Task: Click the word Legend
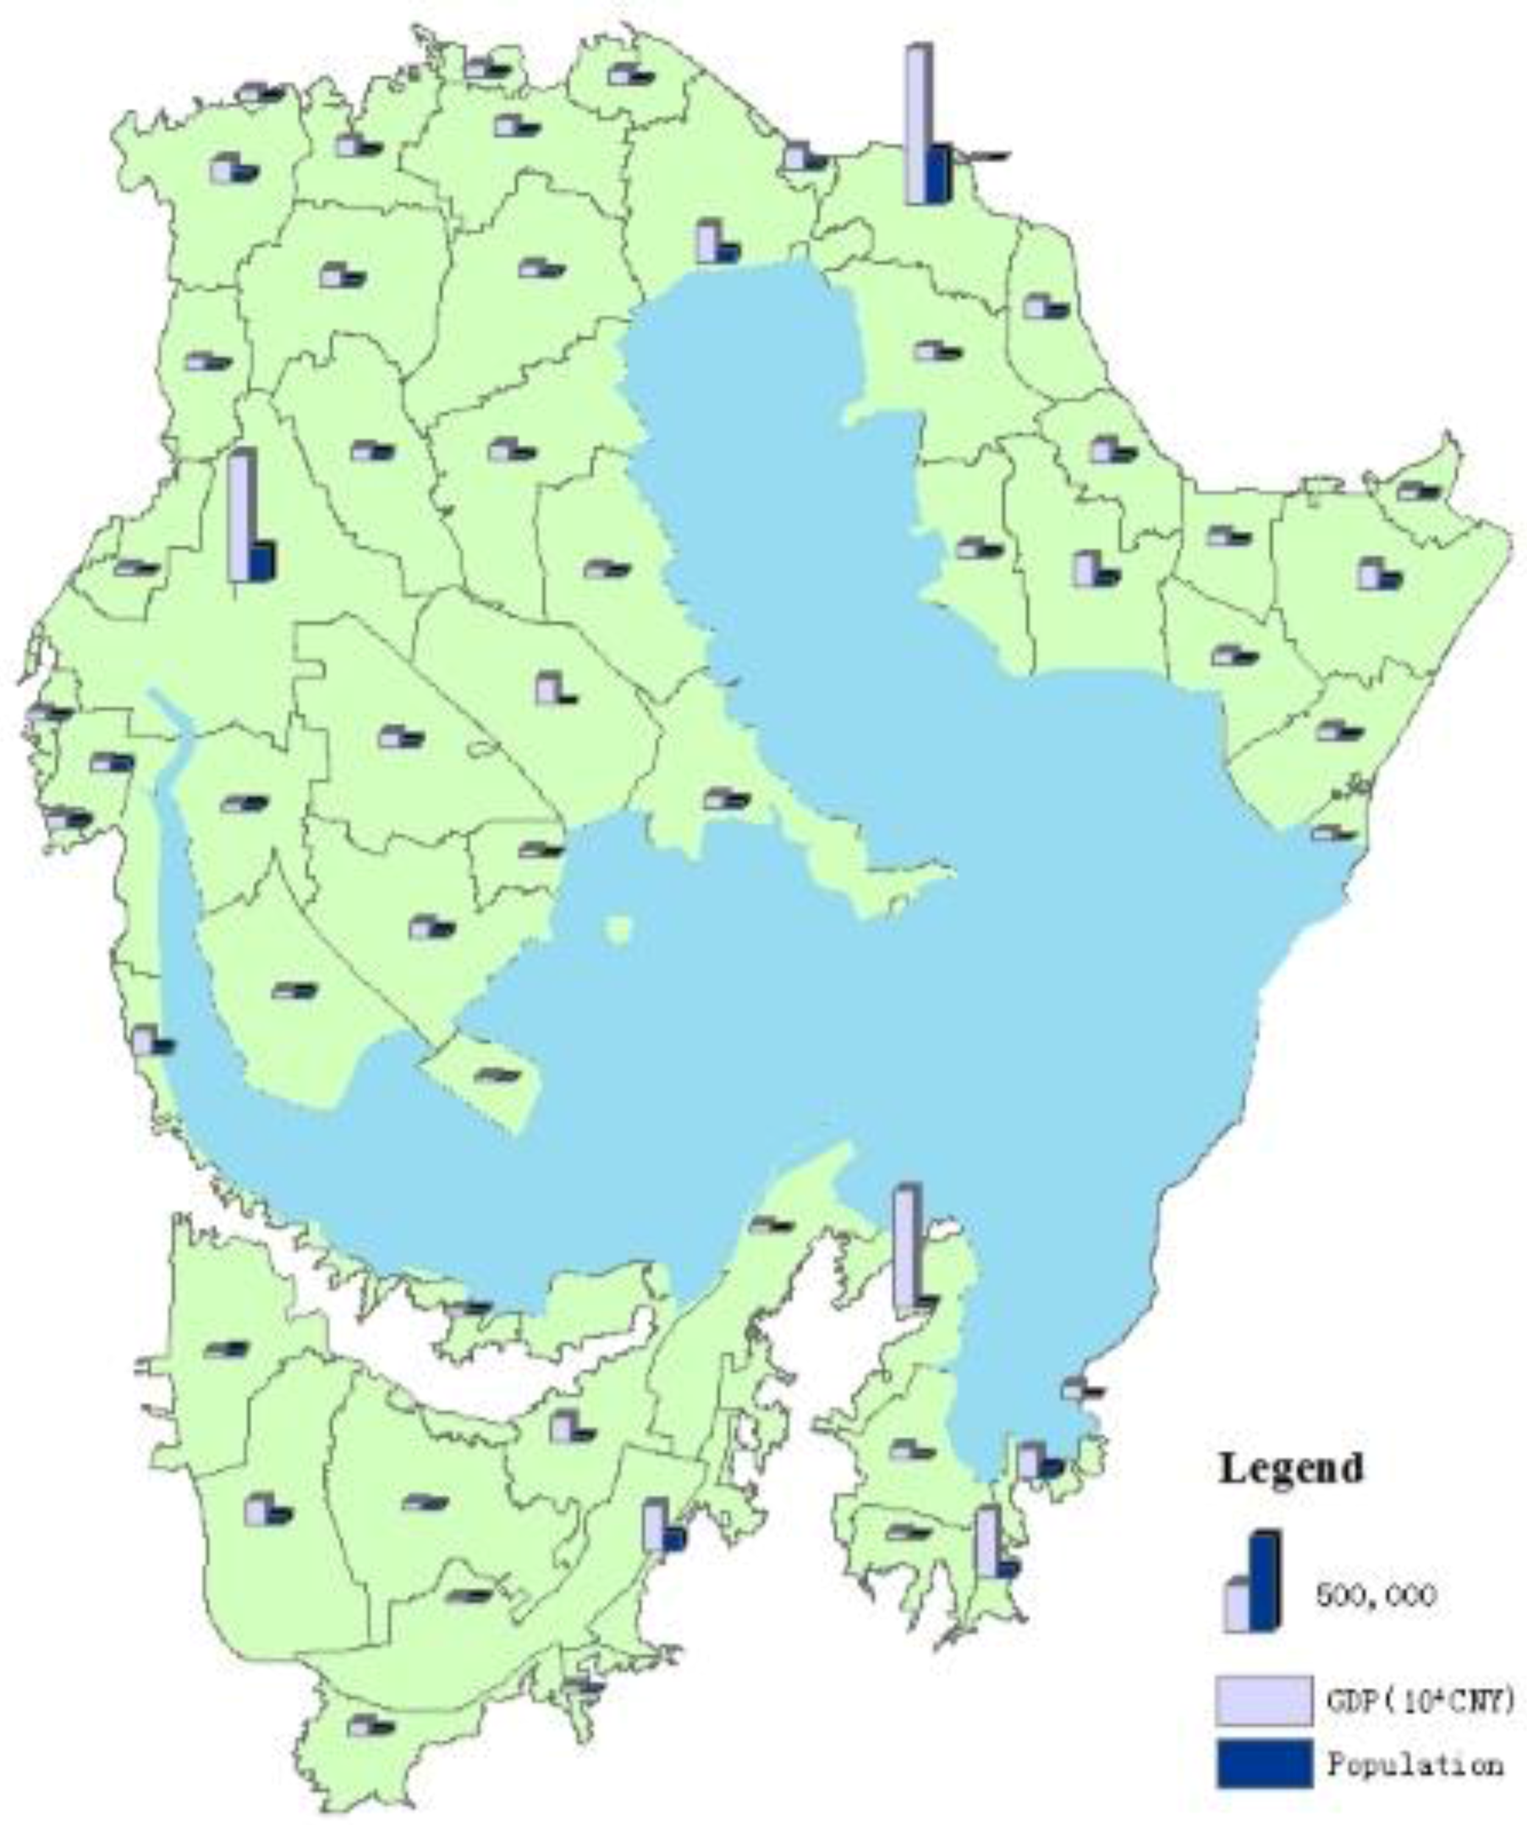tap(1290, 1469)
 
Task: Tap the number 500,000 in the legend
tap(1376, 1594)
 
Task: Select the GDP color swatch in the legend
tap(1264, 1701)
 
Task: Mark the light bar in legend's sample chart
tap(1237, 1606)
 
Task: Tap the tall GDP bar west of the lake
tap(240, 515)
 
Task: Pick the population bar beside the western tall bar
tap(262, 561)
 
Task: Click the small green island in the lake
tap(620, 929)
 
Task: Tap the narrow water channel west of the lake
tap(170, 765)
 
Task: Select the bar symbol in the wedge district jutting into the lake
tap(497, 1075)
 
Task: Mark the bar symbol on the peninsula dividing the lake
tap(726, 798)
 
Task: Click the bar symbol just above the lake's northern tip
tap(718, 243)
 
